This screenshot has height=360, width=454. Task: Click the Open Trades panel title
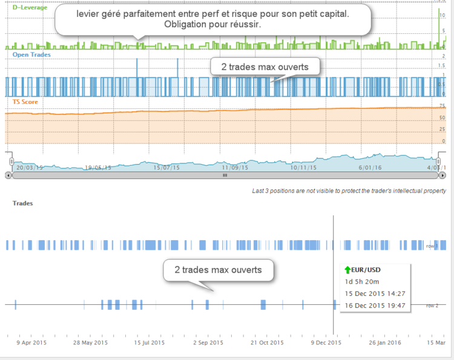[x=31, y=54]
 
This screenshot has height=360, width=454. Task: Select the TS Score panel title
[x=25, y=102]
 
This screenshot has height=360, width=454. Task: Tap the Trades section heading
[x=22, y=203]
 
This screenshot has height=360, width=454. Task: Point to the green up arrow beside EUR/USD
[x=347, y=270]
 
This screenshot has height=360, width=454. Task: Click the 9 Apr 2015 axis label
[x=31, y=342]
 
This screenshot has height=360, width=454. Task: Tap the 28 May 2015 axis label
[x=89, y=342]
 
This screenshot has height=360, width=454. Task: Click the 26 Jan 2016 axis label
[x=385, y=342]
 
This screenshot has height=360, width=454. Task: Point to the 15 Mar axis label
[x=437, y=342]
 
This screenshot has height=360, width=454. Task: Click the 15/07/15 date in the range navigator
[x=167, y=168]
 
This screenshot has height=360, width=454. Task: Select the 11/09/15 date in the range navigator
[x=235, y=168]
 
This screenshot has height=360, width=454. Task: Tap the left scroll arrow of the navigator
[x=8, y=175]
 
